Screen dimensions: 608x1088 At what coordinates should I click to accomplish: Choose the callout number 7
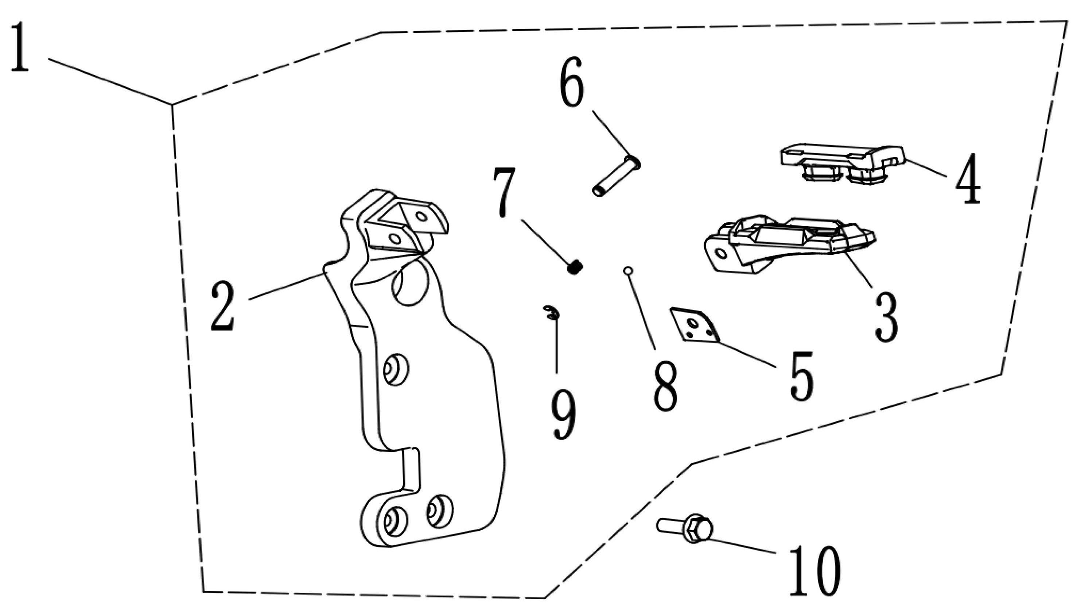tap(504, 192)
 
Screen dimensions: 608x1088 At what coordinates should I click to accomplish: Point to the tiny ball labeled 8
tap(627, 270)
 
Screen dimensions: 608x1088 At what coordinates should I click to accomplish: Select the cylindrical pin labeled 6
tap(616, 176)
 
